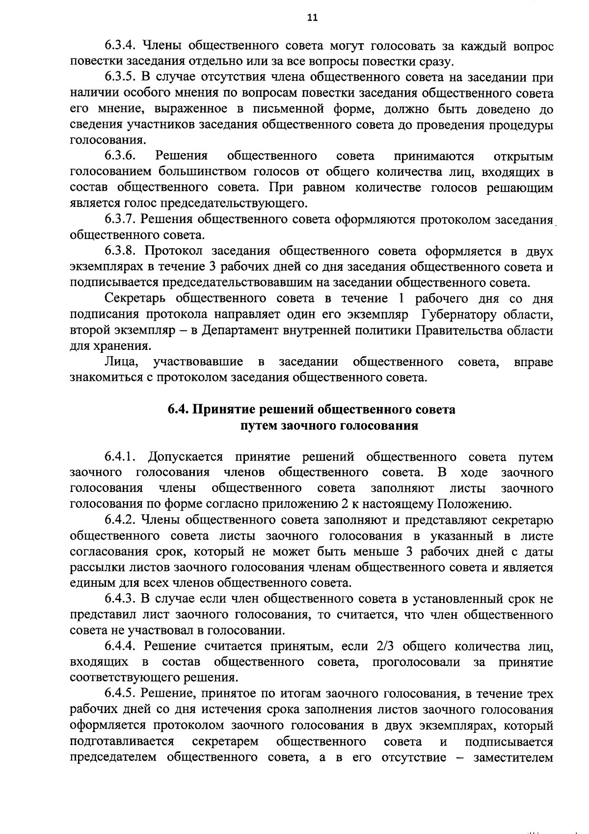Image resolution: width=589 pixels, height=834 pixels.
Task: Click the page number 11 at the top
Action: coord(312,18)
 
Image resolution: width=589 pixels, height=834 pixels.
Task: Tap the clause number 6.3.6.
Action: coord(119,156)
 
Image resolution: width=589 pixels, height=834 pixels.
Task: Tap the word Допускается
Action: coord(186,457)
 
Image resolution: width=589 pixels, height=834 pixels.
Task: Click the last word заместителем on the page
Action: coord(513,757)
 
